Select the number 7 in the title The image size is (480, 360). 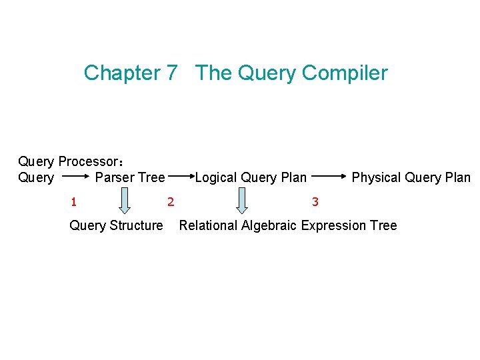(171, 73)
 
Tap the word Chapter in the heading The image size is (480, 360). (122, 73)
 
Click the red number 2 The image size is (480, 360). (171, 201)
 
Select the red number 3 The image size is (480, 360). (315, 201)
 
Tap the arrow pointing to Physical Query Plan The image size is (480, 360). (329, 177)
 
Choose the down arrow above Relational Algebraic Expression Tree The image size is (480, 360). (241, 201)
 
